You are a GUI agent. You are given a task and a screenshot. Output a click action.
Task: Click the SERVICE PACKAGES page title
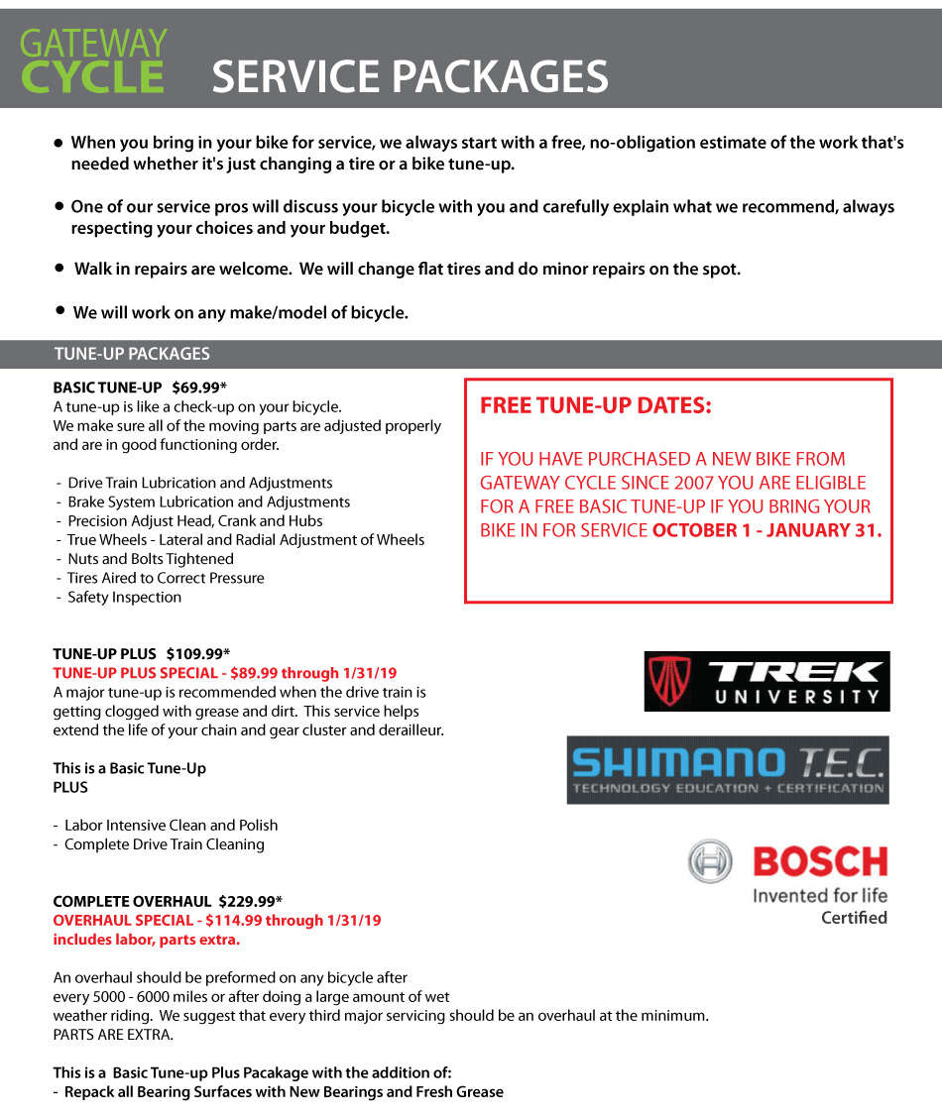click(x=410, y=77)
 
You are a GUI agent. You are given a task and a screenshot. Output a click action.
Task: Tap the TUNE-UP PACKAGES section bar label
click(x=132, y=354)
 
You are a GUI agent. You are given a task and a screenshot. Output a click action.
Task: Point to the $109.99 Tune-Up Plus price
click(x=197, y=653)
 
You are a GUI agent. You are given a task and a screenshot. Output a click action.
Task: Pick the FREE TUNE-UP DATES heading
click(x=595, y=406)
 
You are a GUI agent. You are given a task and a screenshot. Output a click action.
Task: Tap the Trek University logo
click(x=766, y=681)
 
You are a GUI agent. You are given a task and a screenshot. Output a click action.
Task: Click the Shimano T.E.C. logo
click(x=728, y=769)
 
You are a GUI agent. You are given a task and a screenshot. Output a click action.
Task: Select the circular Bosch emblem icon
click(x=710, y=860)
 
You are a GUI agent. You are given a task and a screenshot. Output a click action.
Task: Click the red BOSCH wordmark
click(x=820, y=860)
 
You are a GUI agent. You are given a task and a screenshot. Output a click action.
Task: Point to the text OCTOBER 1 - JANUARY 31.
click(x=766, y=530)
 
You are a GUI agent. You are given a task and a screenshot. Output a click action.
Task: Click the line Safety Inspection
click(x=124, y=597)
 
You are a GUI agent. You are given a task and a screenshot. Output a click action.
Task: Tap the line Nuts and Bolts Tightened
click(x=150, y=559)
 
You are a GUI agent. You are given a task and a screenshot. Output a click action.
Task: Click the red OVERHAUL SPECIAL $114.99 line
click(x=216, y=920)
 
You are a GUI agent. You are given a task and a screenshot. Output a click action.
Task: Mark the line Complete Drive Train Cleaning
click(x=164, y=844)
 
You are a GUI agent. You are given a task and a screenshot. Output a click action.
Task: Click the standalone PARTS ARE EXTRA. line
click(x=113, y=1035)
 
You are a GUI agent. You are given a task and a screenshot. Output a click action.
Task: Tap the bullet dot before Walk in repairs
click(x=59, y=269)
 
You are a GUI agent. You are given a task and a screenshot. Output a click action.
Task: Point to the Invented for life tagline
click(x=820, y=895)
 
